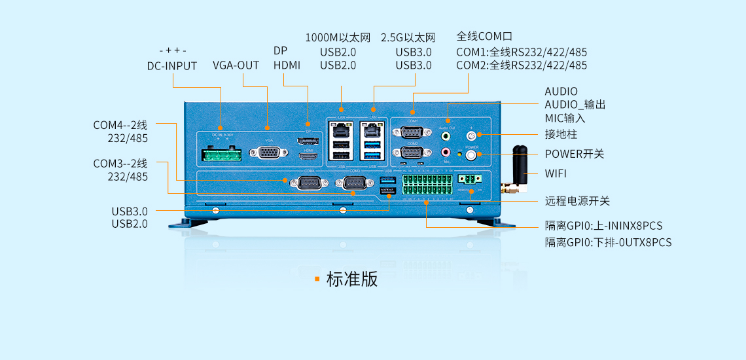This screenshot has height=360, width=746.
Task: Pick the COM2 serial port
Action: click(412, 153)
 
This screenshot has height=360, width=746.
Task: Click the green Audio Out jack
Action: click(446, 137)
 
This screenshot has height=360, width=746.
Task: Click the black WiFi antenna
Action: click(520, 168)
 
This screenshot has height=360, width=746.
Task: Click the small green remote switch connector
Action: click(469, 179)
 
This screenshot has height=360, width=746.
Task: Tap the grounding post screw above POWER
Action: click(471, 135)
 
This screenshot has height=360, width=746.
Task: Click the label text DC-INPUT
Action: click(172, 65)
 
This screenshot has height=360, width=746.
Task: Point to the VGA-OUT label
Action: click(236, 65)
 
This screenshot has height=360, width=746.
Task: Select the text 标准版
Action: click(352, 279)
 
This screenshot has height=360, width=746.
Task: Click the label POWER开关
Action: click(574, 154)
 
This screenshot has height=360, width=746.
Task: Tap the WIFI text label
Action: click(556, 173)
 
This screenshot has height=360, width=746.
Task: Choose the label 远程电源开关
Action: click(577, 201)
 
